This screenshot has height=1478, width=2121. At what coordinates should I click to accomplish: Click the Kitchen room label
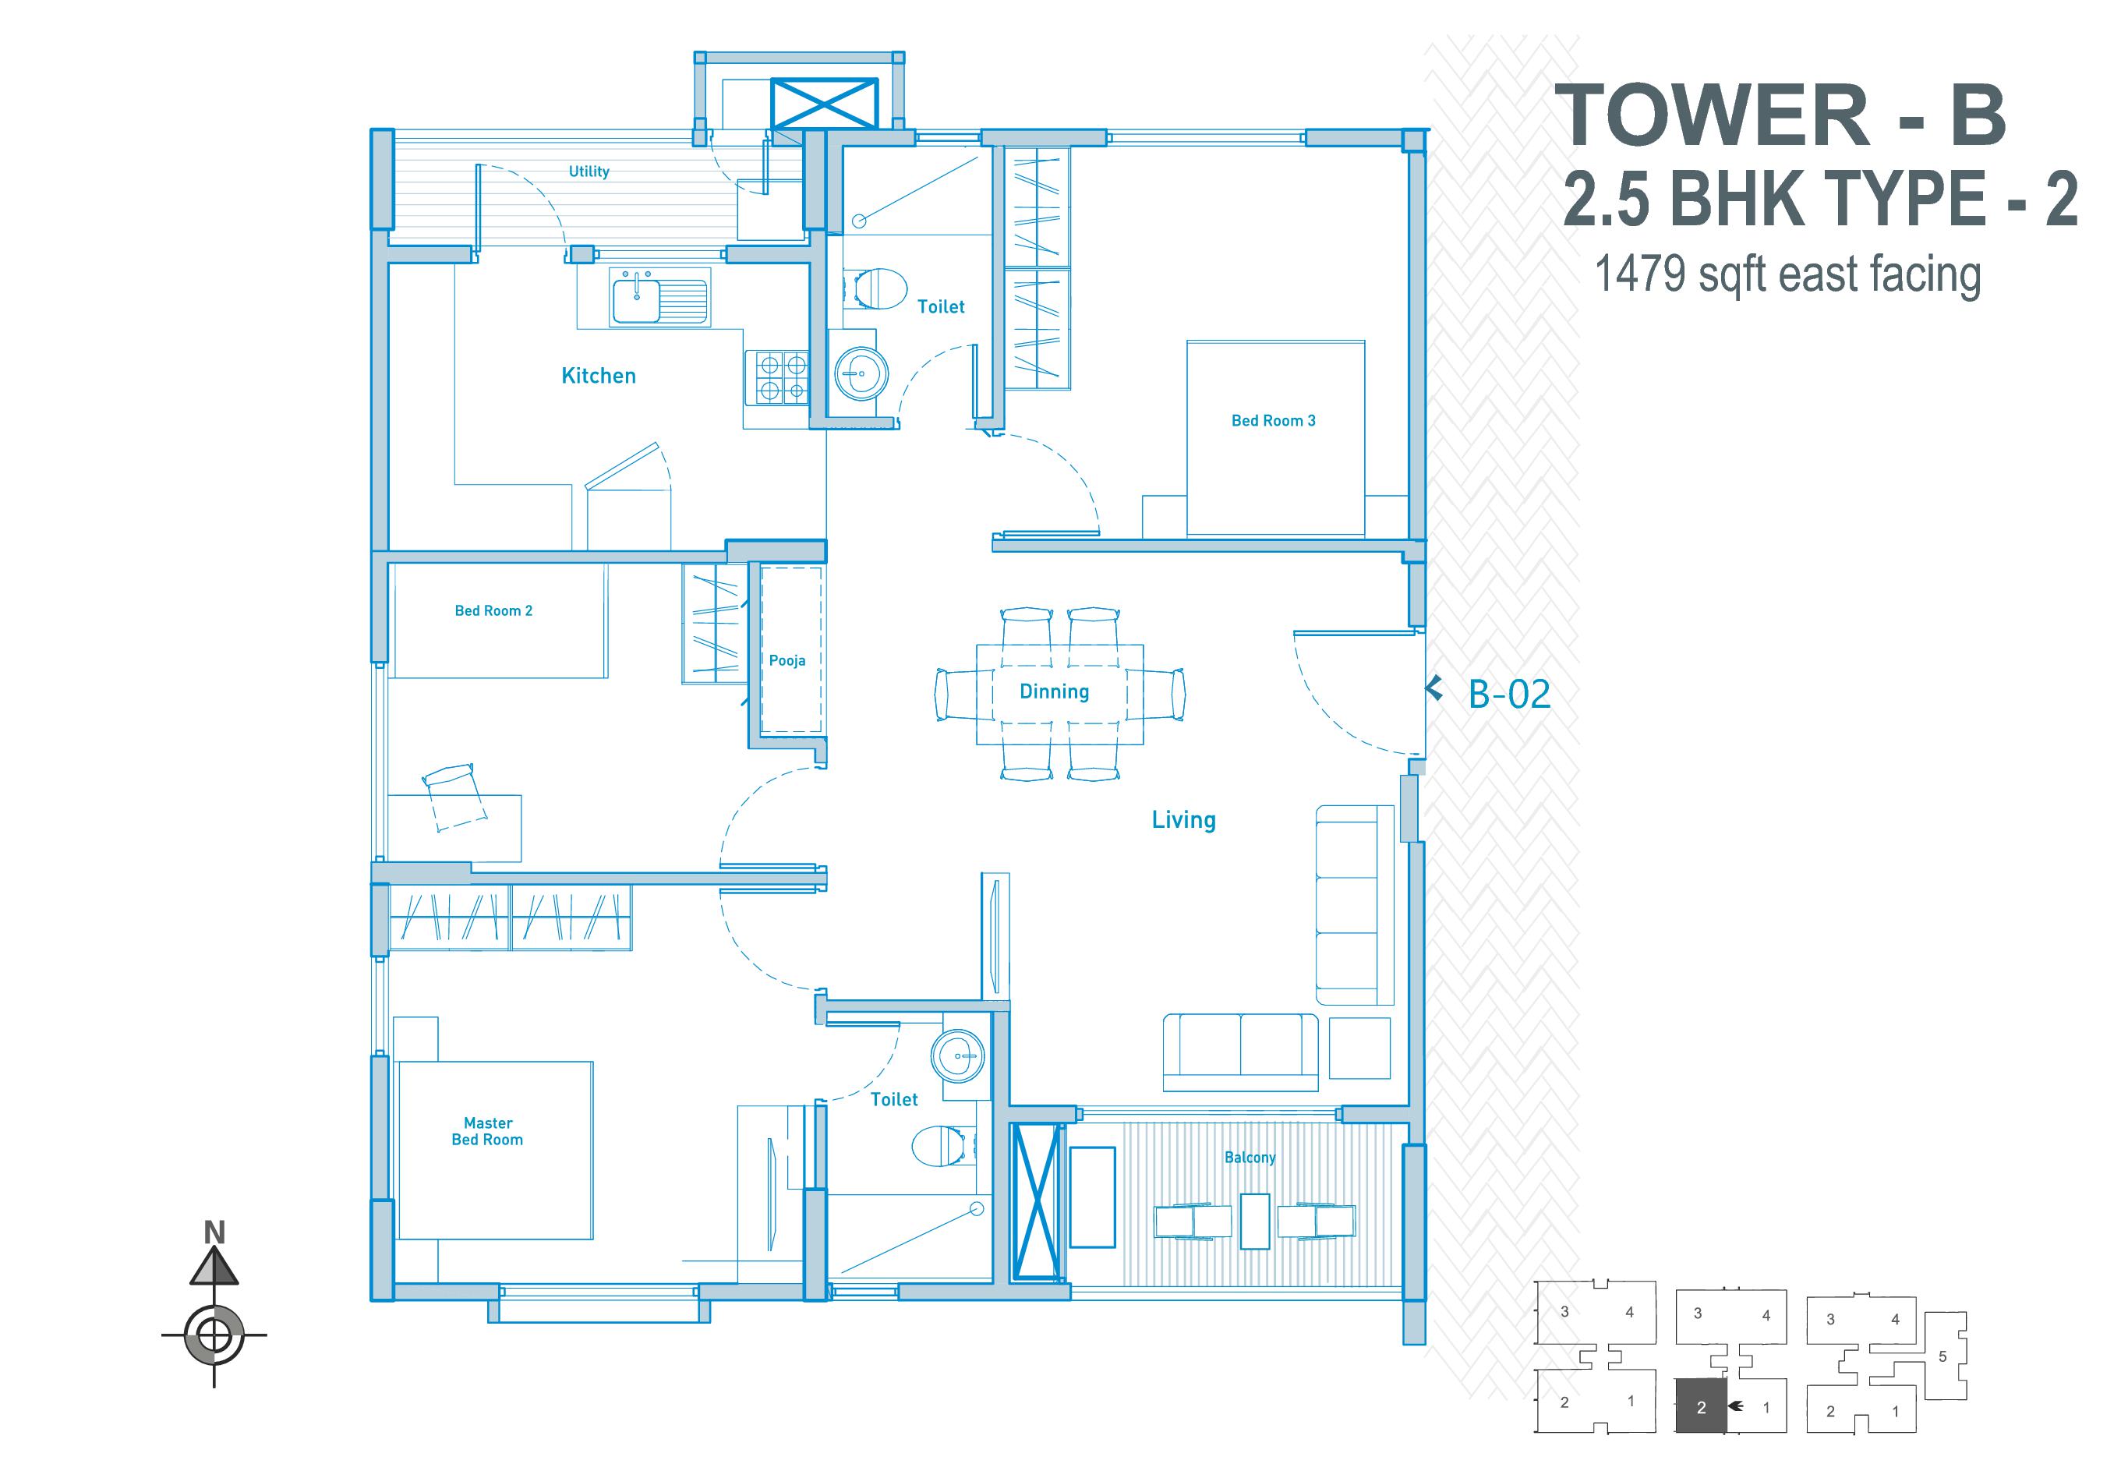(599, 376)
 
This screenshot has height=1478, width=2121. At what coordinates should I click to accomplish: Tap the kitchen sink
(659, 300)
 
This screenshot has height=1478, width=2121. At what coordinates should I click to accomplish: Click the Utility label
(589, 171)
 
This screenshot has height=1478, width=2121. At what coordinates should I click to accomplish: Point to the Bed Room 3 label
(1273, 420)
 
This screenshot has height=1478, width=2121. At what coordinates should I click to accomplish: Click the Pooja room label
(787, 660)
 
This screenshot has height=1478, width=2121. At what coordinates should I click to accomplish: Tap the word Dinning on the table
(1054, 692)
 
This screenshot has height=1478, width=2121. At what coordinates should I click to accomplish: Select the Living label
(1183, 819)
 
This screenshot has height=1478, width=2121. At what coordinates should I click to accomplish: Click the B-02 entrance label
(1509, 694)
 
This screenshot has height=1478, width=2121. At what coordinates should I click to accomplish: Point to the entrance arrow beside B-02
(1434, 688)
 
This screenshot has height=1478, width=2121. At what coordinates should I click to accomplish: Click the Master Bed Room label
(488, 1132)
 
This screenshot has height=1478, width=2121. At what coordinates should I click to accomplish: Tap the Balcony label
(1249, 1158)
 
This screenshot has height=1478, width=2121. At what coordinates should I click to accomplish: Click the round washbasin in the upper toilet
(861, 373)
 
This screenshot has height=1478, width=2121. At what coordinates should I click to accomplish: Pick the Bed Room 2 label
(493, 610)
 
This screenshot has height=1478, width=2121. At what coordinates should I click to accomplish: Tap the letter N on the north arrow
(214, 1233)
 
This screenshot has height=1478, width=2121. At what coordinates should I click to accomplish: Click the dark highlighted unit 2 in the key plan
(1701, 1406)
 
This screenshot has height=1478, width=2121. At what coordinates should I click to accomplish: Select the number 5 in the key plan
(1942, 1356)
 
